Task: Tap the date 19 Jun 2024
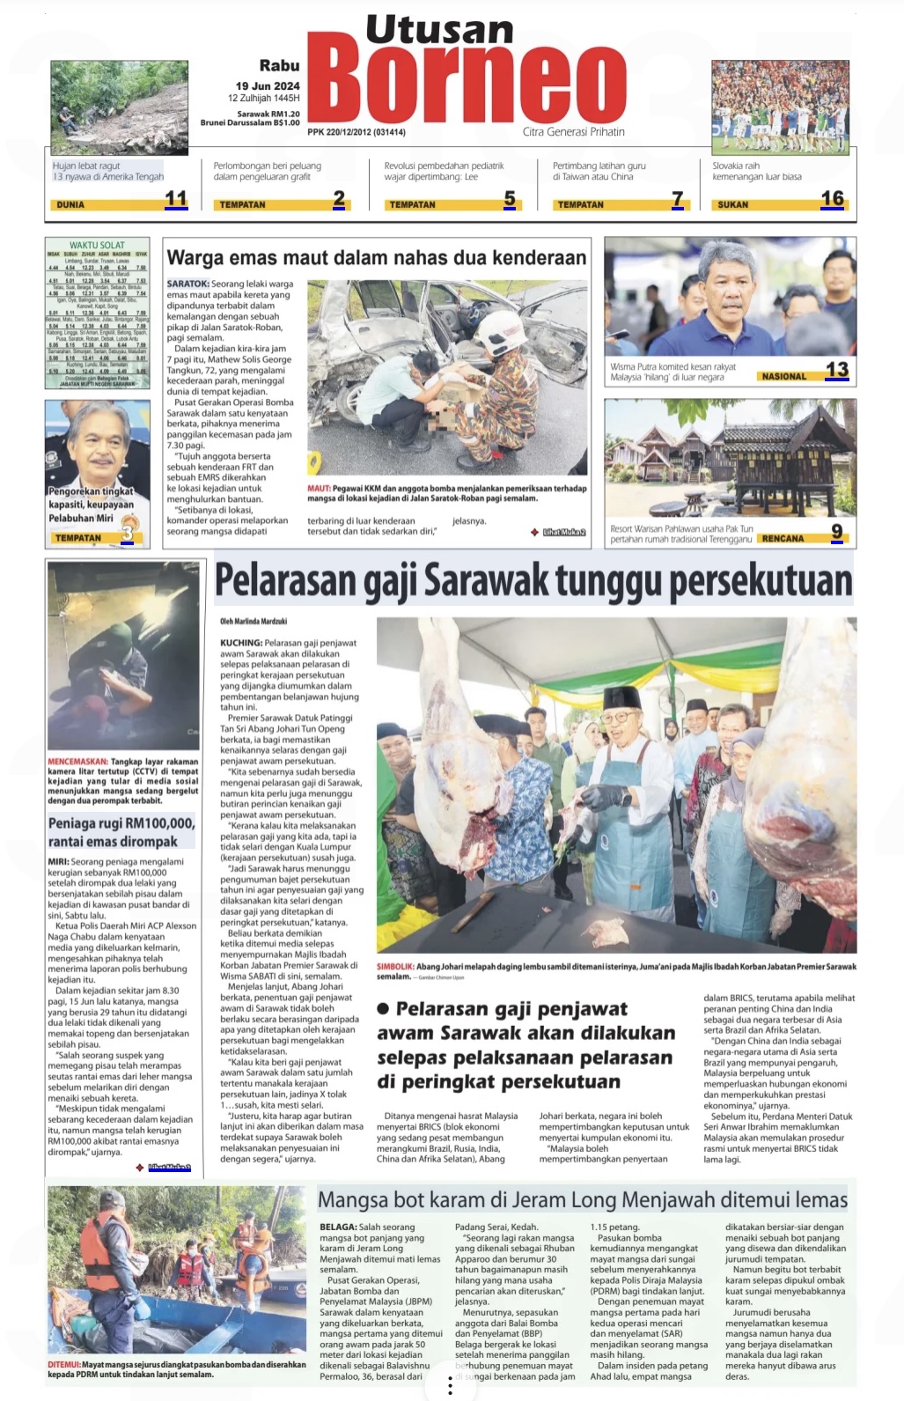pyautogui.click(x=268, y=85)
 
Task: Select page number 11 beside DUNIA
pyautogui.click(x=176, y=199)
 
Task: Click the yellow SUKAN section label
pyautogui.click(x=732, y=204)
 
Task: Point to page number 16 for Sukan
pyautogui.click(x=832, y=199)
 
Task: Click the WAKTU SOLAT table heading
pyautogui.click(x=97, y=245)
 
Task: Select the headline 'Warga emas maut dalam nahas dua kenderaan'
pyautogui.click(x=376, y=258)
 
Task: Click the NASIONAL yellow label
pyautogui.click(x=783, y=376)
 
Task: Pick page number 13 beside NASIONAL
pyautogui.click(x=836, y=370)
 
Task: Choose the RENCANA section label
pyautogui.click(x=783, y=538)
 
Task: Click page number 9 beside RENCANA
pyautogui.click(x=836, y=531)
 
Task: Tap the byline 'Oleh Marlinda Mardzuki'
pyautogui.click(x=254, y=622)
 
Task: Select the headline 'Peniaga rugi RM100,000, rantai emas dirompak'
pyautogui.click(x=121, y=832)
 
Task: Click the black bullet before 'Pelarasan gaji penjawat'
pyautogui.click(x=383, y=1009)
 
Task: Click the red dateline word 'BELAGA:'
pyautogui.click(x=338, y=1227)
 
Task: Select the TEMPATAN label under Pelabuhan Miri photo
pyautogui.click(x=78, y=537)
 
